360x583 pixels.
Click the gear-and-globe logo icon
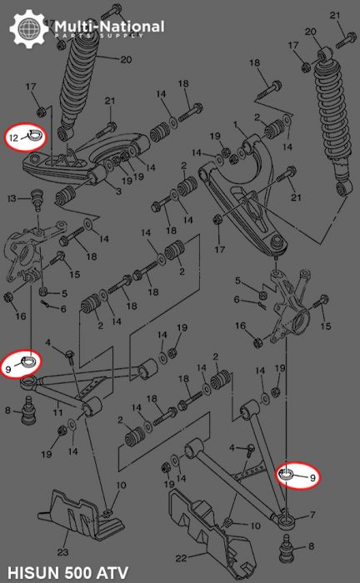tap(26, 28)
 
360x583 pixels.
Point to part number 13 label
tap(12, 199)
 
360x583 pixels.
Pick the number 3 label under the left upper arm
tap(118, 192)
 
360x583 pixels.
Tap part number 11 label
tap(57, 411)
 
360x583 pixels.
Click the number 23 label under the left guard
tap(62, 551)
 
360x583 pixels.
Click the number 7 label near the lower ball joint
tap(312, 516)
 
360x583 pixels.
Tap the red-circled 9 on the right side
tap(299, 476)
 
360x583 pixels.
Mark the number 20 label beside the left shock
tap(126, 60)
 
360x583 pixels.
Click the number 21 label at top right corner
tap(335, 15)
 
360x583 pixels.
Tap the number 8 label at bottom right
tap(312, 546)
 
